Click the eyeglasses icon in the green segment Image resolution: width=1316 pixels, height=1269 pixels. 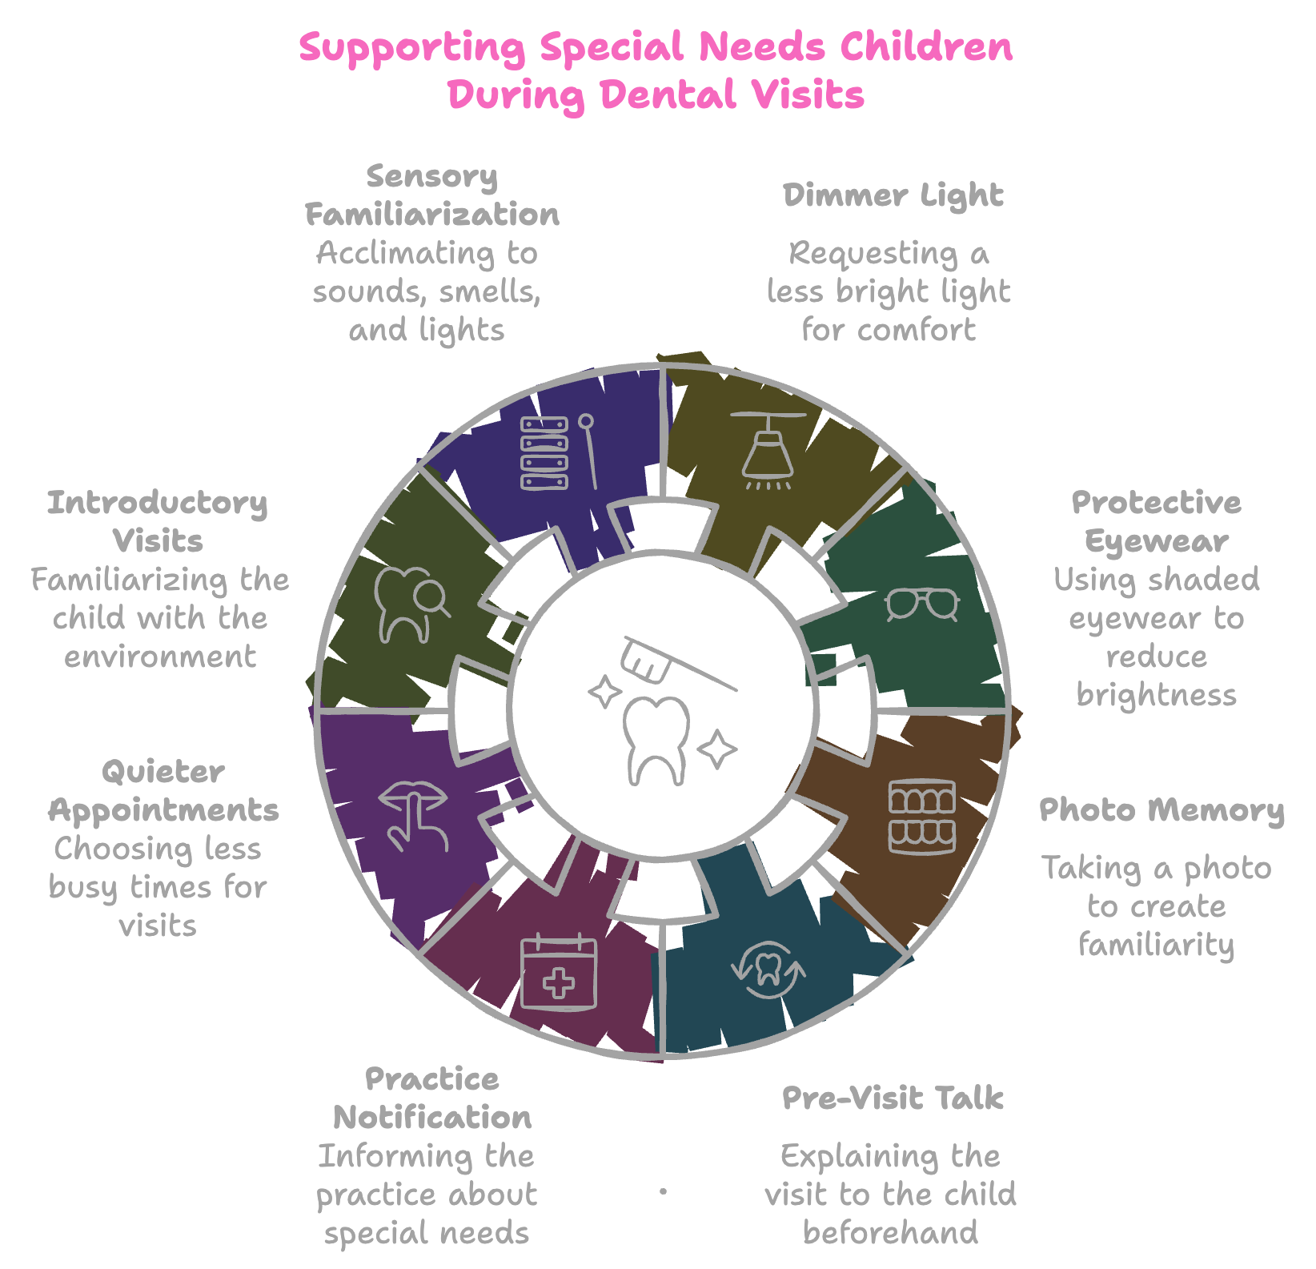coord(922,604)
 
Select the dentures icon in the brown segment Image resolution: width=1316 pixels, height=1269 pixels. coord(922,817)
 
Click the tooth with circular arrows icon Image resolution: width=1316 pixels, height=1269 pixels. coord(768,970)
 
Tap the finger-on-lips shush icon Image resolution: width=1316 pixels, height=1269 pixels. coord(413,816)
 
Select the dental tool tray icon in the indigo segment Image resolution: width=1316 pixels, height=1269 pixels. coord(559,452)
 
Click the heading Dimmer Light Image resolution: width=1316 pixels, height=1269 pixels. coord(893,196)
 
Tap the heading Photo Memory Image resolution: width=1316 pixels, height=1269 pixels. coord(1162,810)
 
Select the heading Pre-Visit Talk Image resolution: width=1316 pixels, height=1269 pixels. coord(893,1098)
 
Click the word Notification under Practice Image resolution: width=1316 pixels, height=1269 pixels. coord(432,1117)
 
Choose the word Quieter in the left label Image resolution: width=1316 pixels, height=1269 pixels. coord(163,773)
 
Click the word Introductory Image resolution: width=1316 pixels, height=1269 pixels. coord(158,504)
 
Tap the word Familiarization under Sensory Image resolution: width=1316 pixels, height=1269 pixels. coord(432,215)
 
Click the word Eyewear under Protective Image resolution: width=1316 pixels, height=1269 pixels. coord(1157,542)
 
